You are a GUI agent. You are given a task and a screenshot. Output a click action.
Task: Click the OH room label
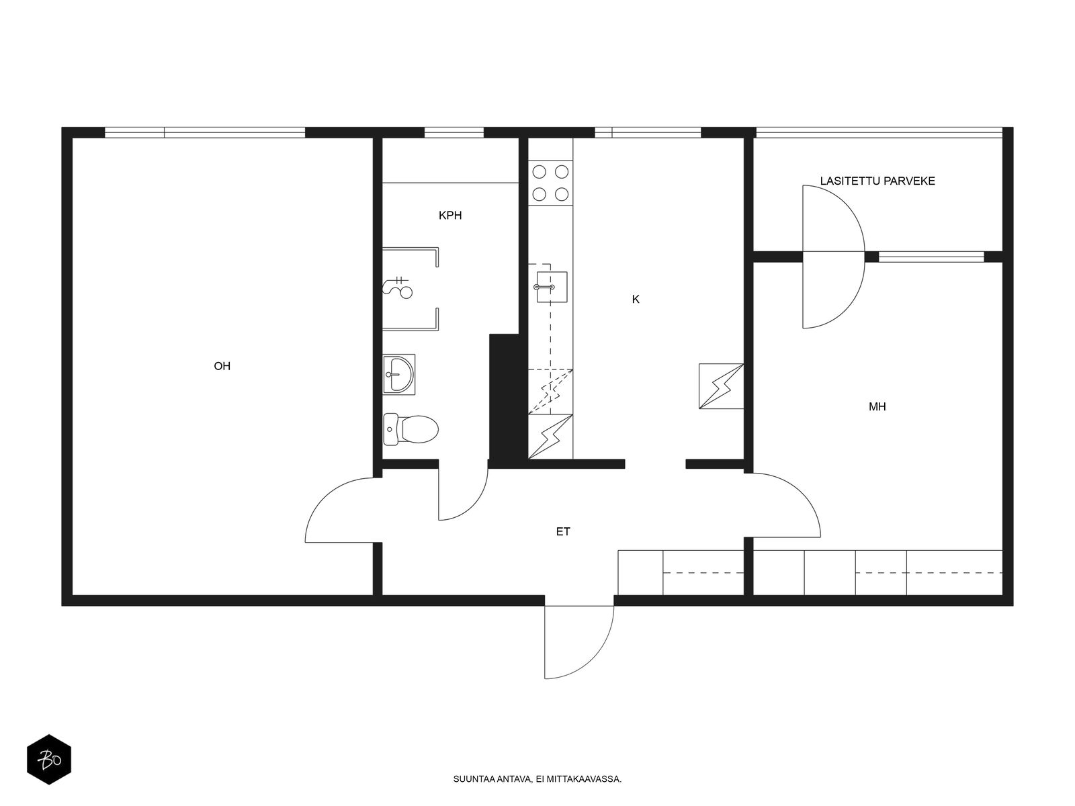[x=222, y=366]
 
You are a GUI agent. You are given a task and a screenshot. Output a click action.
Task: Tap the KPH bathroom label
[x=450, y=216]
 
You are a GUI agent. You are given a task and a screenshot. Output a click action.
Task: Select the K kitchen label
[x=635, y=299]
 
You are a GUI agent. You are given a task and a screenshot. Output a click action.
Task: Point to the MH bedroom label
[x=877, y=406]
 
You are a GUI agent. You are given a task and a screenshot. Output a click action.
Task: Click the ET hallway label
[x=563, y=531]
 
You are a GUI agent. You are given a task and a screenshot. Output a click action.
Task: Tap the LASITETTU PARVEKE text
[x=877, y=181]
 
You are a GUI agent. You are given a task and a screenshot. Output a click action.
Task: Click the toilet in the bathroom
[x=411, y=429]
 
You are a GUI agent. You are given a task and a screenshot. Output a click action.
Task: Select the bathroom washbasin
[x=398, y=374]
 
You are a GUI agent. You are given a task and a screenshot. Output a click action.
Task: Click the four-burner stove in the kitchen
[x=550, y=183]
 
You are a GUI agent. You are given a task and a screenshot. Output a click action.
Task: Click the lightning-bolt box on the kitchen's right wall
[x=721, y=386]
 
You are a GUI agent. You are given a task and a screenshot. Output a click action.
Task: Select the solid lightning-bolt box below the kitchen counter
[x=550, y=437]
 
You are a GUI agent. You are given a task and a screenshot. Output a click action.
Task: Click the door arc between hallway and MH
[x=802, y=494]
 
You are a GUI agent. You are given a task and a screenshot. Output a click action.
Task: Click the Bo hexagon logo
[x=49, y=760]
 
